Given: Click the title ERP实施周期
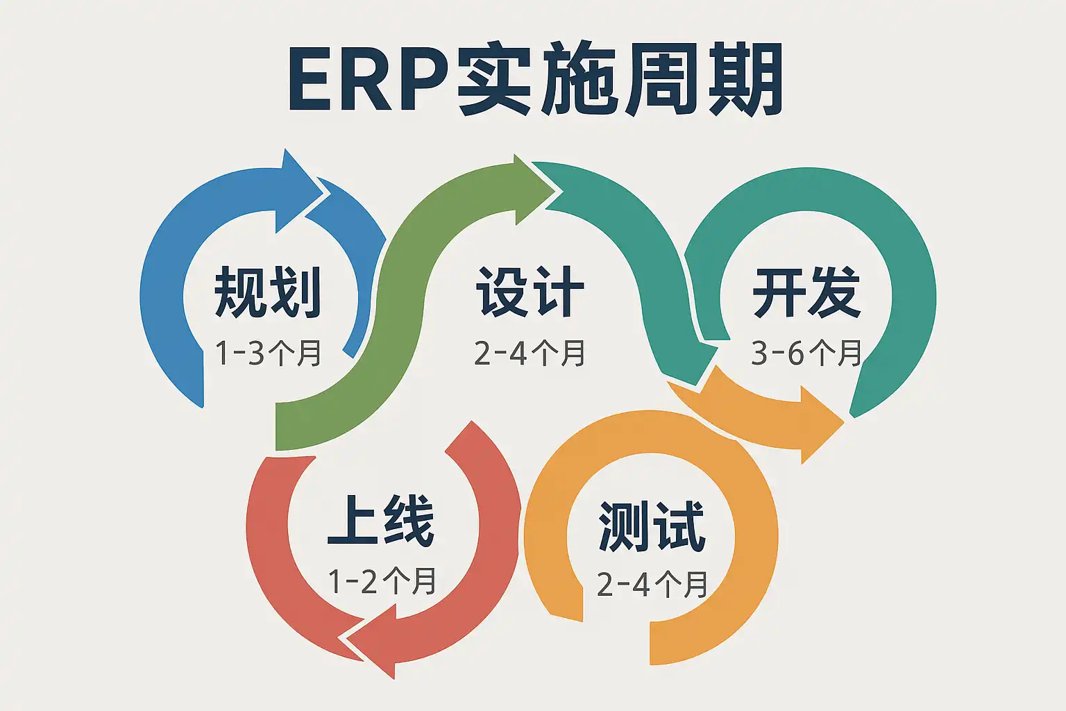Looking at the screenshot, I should pos(535,78).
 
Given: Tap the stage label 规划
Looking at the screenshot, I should pos(268,292).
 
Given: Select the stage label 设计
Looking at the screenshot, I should pos(530,292).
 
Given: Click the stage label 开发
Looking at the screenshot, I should pos(806,292).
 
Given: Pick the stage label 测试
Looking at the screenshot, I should pos(651,526).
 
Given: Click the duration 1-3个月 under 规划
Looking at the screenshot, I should pos(268,353).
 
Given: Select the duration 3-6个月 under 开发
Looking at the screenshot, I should pos(806,353).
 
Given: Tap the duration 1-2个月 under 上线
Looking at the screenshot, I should pos(381,580).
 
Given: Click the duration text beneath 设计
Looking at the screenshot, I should pos(530,353).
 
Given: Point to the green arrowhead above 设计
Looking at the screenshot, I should pos(534,190).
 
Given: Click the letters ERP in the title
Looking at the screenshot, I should pos(368,78).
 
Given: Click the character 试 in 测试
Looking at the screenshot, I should pos(679,526).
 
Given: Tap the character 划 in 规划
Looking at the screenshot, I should pos(296,292).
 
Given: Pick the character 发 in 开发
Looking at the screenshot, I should pos(834,292).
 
